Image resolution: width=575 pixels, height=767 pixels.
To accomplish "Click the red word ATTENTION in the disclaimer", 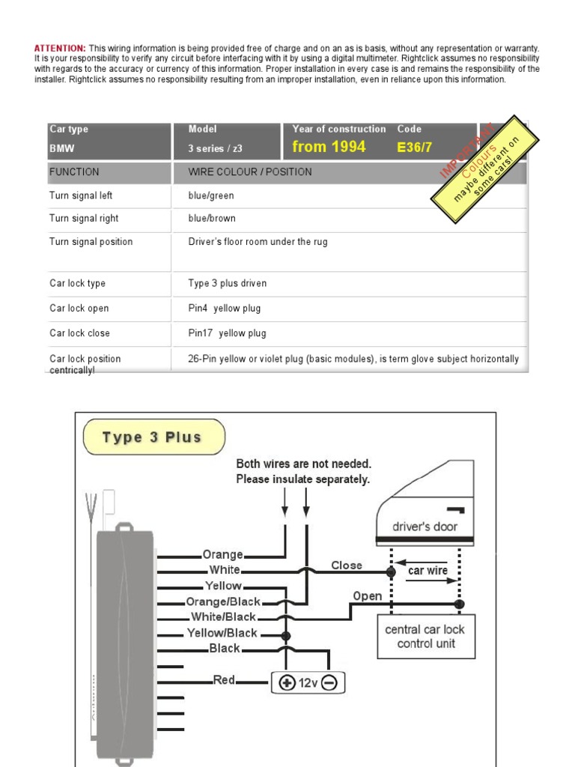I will (60, 48).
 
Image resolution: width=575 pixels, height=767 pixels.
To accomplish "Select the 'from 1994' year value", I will (329, 147).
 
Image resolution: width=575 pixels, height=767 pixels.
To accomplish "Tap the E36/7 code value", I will (414, 148).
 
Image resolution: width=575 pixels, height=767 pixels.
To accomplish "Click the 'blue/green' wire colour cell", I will (211, 195).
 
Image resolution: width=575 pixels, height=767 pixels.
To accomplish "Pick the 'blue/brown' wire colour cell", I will (212, 219).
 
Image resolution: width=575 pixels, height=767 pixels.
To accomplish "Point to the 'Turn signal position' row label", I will (91, 242).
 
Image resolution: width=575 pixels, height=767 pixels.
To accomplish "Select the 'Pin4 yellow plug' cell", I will (225, 309).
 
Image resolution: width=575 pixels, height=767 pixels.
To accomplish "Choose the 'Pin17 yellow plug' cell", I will (227, 333).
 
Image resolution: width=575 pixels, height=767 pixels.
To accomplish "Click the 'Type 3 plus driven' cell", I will (228, 284).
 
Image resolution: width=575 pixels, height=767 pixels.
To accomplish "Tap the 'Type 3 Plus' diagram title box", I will (152, 437).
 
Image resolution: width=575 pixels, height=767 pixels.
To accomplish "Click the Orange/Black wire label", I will (223, 601).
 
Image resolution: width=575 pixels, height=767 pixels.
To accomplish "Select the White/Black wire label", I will (223, 617).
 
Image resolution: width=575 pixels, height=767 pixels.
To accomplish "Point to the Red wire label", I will (224, 680).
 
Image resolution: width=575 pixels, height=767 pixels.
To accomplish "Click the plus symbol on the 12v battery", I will (287, 683).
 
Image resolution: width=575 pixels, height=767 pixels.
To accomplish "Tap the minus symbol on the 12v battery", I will (330, 683).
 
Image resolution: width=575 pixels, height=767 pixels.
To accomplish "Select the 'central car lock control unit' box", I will (425, 636).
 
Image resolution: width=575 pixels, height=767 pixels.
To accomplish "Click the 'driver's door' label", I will (425, 527).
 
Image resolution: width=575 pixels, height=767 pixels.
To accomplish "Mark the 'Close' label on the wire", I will (347, 566).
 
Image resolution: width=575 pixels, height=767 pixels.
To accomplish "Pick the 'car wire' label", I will (428, 571).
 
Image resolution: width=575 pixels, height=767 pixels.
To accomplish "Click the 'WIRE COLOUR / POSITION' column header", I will (250, 172).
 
